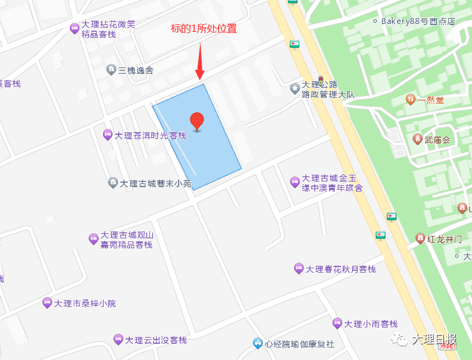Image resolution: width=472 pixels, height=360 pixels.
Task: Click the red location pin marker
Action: pyautogui.click(x=197, y=121)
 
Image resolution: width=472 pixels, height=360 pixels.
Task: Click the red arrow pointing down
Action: pyautogui.click(x=200, y=62)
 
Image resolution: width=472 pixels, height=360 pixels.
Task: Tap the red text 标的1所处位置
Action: pyautogui.click(x=204, y=29)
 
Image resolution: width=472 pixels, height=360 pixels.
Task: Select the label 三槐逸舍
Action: pyautogui.click(x=136, y=70)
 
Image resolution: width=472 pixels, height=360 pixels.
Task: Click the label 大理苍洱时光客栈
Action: pyautogui.click(x=150, y=135)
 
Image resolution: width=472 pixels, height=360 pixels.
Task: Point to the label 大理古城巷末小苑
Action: pyautogui.click(x=155, y=183)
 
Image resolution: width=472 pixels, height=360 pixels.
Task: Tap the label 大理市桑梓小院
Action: pyautogui.click(x=85, y=304)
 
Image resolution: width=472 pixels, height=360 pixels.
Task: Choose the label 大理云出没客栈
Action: pyautogui.click(x=156, y=340)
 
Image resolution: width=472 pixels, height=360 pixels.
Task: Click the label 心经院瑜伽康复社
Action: pyautogui.click(x=300, y=344)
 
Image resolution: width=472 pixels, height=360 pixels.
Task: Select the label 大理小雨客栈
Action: pyautogui.click(x=371, y=324)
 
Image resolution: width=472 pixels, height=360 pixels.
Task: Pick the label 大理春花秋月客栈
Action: pyautogui.click(x=341, y=270)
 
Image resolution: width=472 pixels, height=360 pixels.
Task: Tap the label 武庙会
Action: pyautogui.click(x=437, y=140)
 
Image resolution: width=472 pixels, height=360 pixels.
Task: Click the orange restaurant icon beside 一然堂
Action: pyautogui.click(x=410, y=99)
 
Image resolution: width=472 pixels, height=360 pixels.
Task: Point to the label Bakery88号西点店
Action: pyautogui.click(x=427, y=21)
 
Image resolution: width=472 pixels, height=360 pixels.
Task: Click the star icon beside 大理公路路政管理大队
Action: pyautogui.click(x=295, y=89)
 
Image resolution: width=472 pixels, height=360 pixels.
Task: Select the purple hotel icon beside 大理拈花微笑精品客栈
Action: pyautogui.click(x=74, y=27)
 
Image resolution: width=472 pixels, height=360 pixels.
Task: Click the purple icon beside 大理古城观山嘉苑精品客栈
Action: pyautogui.click(x=94, y=238)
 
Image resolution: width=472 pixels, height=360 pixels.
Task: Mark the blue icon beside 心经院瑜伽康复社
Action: pyautogui.click(x=257, y=343)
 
